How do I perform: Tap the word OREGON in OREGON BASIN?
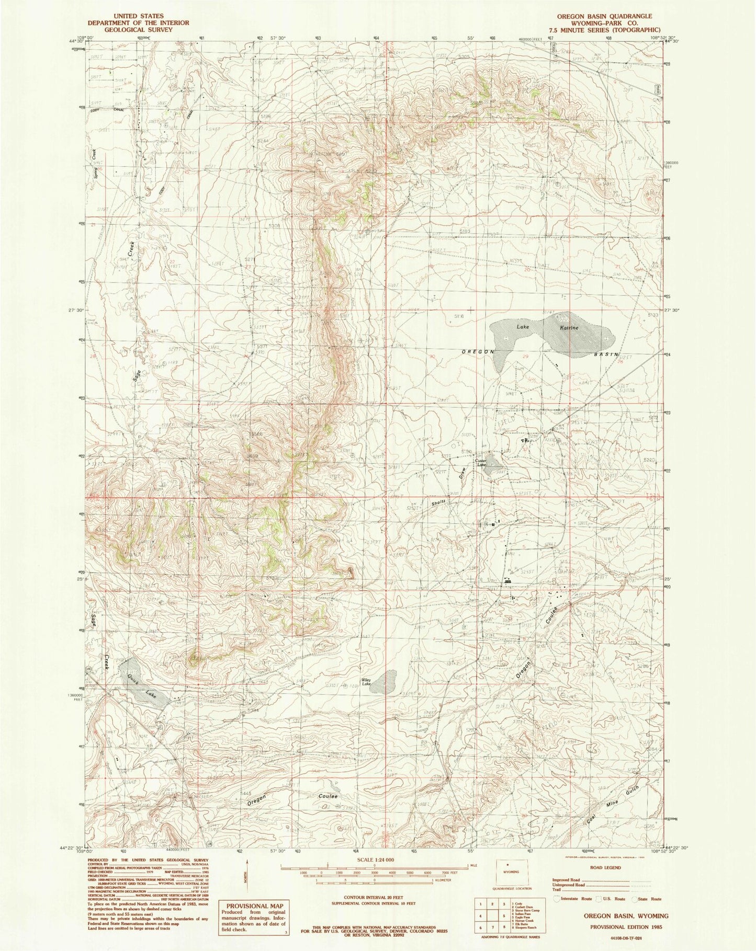pos(478,352)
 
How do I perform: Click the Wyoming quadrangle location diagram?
pos(511,872)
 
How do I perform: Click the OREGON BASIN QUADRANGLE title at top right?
pos(597,16)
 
